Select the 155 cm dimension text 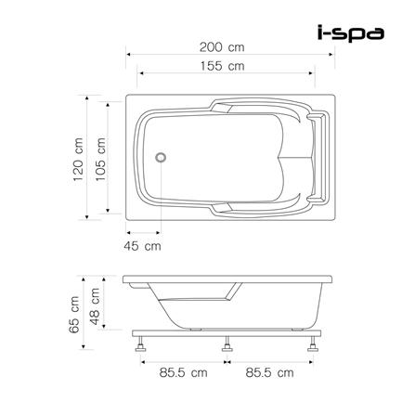tap(223, 66)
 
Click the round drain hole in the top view tap(163, 156)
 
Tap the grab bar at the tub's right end tap(321, 158)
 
